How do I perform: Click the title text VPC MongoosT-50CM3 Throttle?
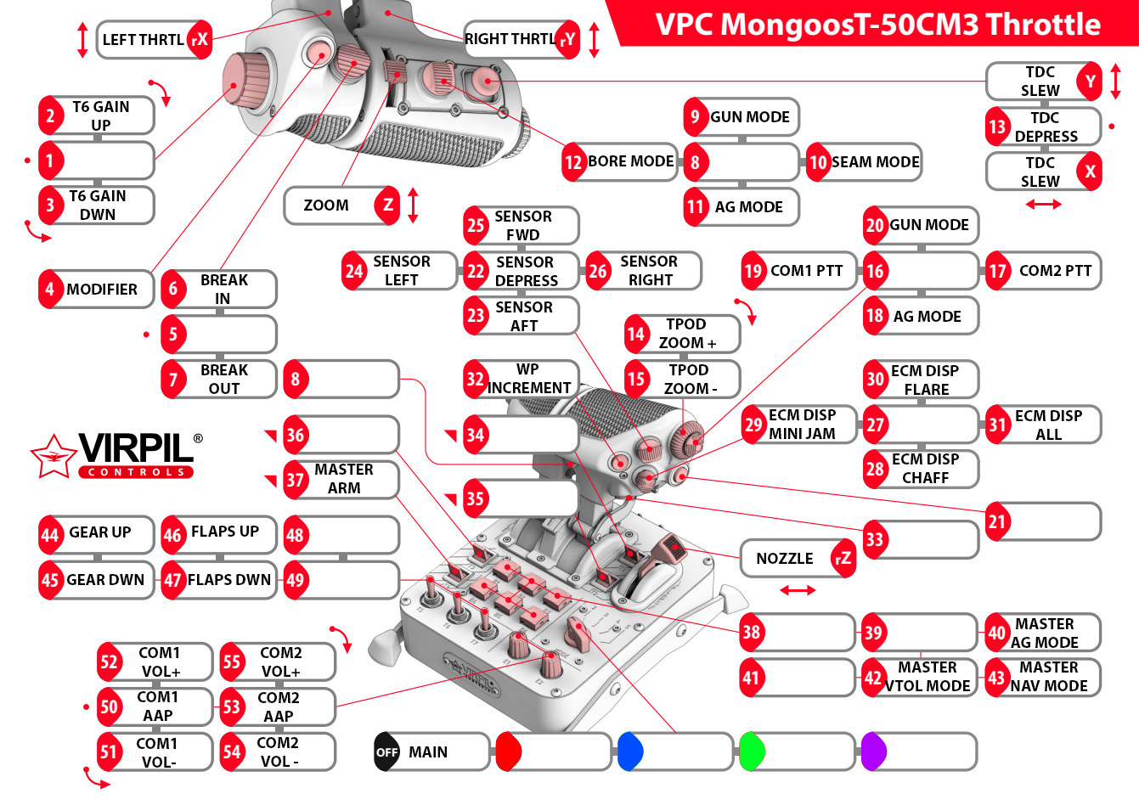(x=877, y=25)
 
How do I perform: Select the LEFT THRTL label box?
(x=143, y=40)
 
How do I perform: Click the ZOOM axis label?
(x=326, y=205)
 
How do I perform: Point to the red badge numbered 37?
(x=295, y=480)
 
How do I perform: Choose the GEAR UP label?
(x=99, y=532)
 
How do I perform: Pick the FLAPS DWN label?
(x=228, y=580)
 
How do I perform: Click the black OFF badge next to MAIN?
(x=386, y=752)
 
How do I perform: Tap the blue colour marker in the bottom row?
(x=630, y=752)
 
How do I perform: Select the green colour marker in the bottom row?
(x=752, y=752)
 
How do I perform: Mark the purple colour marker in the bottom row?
(x=874, y=752)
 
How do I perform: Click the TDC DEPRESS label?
(x=1045, y=127)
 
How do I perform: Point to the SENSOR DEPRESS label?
(x=526, y=272)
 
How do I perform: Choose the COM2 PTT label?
(x=1054, y=271)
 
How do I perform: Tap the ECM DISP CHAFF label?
(x=925, y=469)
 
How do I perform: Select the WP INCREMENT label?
(x=528, y=379)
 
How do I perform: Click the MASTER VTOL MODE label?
(x=927, y=677)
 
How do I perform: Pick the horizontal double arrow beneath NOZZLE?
(x=798, y=589)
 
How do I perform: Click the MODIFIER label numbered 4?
(x=101, y=290)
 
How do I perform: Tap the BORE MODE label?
(x=630, y=161)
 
